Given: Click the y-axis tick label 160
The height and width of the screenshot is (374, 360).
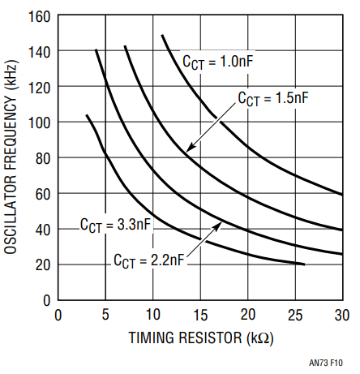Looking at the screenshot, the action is [39, 17].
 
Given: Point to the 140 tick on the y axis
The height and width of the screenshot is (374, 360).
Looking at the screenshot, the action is [39, 52].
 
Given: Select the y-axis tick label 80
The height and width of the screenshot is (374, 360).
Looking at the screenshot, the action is [43, 158].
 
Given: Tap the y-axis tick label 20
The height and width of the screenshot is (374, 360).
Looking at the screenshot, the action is [43, 265].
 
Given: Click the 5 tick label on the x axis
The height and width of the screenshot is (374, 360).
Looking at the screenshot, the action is [105, 315].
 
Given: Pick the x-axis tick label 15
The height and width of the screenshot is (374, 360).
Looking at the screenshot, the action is [200, 315].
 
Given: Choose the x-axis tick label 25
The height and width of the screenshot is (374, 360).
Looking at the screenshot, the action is [295, 315].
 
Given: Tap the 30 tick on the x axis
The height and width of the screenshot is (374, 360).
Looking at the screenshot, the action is [342, 315].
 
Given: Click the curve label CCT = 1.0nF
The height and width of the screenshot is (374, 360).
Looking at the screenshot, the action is [218, 62].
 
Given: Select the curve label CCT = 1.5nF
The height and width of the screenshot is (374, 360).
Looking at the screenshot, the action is [273, 98].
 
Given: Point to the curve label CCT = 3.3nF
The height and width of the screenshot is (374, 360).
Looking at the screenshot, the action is [115, 225].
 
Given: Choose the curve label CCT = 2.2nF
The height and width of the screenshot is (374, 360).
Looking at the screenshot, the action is [149, 260].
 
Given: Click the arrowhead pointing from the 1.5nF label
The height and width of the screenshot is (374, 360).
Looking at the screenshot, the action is [189, 148].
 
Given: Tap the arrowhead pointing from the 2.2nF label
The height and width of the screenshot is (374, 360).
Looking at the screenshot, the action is [217, 226].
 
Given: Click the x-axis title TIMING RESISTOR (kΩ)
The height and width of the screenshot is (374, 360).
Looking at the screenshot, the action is [201, 337].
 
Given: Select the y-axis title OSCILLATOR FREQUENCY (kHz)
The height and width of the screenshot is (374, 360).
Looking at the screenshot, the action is [11, 157].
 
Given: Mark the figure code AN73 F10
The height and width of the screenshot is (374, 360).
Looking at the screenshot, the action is [326, 363].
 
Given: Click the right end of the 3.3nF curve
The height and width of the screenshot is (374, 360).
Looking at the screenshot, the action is [304, 264].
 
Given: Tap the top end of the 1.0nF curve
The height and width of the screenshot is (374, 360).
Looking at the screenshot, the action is [162, 35].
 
